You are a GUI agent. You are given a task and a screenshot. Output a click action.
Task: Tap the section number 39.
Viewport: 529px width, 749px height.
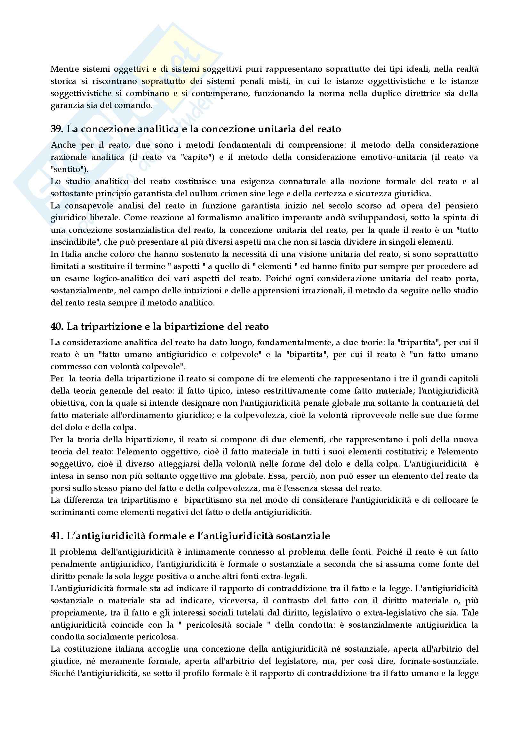pyautogui.click(x=57, y=129)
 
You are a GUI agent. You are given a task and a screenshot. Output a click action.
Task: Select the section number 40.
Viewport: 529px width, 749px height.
pyautogui.click(x=57, y=327)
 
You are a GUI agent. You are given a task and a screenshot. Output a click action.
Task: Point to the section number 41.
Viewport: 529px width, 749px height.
pyautogui.click(x=57, y=536)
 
